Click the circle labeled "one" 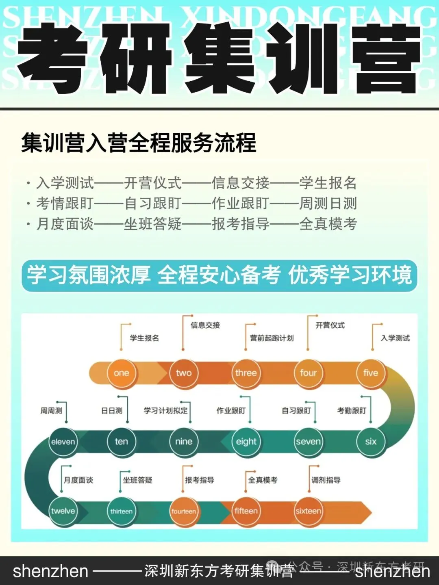click(x=121, y=373)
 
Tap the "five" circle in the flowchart click(x=371, y=373)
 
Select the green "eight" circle click(x=246, y=442)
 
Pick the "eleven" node click(x=63, y=442)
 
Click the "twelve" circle click(x=63, y=511)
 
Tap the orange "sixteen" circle click(x=308, y=511)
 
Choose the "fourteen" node click(x=184, y=511)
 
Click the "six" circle click(x=371, y=442)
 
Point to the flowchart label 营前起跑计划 click(x=272, y=338)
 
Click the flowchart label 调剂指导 click(x=326, y=480)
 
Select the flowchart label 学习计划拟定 click(x=165, y=411)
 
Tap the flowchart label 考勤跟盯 click(x=352, y=411)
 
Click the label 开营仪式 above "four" click(x=330, y=325)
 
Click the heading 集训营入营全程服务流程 click(x=139, y=143)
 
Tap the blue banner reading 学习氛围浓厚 click(x=89, y=275)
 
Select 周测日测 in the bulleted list click(x=328, y=203)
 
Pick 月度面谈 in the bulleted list click(x=65, y=223)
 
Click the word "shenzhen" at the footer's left click(x=50, y=571)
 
